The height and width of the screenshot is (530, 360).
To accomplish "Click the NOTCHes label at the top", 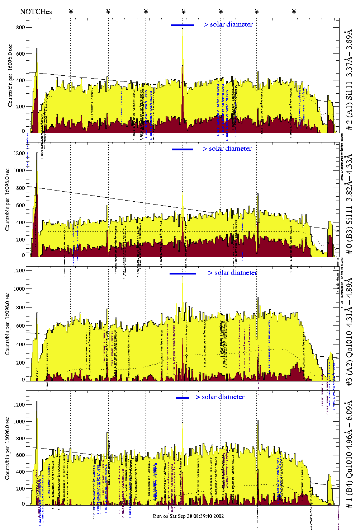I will pyautogui.click(x=36, y=11).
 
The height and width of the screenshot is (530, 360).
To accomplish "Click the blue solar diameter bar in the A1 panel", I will pyautogui.click(x=183, y=25).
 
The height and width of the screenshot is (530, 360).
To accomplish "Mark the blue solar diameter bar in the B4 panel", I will pyautogui.click(x=183, y=398).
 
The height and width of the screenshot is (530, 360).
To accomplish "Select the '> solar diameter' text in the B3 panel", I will pyautogui.click(x=227, y=149).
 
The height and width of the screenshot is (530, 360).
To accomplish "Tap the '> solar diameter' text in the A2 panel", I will pyautogui.click(x=232, y=273).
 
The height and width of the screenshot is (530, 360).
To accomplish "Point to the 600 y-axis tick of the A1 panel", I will pyautogui.click(x=20, y=54).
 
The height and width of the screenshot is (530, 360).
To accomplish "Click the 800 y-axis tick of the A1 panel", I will pyautogui.click(x=20, y=27).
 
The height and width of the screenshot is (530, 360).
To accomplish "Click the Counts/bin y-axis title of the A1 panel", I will pyautogui.click(x=10, y=76).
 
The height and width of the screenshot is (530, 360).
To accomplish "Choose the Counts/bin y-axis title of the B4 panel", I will pyautogui.click(x=8, y=448).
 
